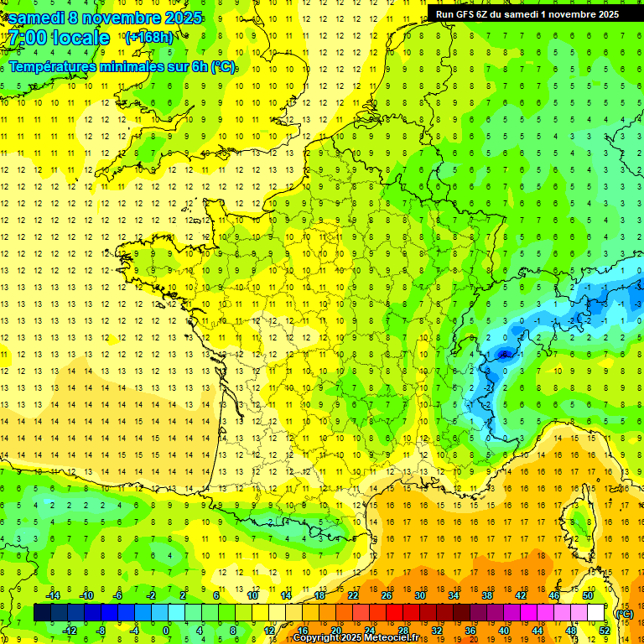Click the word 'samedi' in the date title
coord(38,18)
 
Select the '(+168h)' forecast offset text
coord(148,37)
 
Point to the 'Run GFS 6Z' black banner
coord(527,14)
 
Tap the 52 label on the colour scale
coord(604,631)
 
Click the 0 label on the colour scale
coord(165,631)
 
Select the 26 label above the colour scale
coord(387,595)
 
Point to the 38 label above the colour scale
coord(486,595)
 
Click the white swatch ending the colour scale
coord(595,613)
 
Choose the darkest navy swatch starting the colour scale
coord(42,613)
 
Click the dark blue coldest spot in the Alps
coord(504,355)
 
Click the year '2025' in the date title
coord(178,18)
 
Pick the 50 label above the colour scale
coord(587,595)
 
